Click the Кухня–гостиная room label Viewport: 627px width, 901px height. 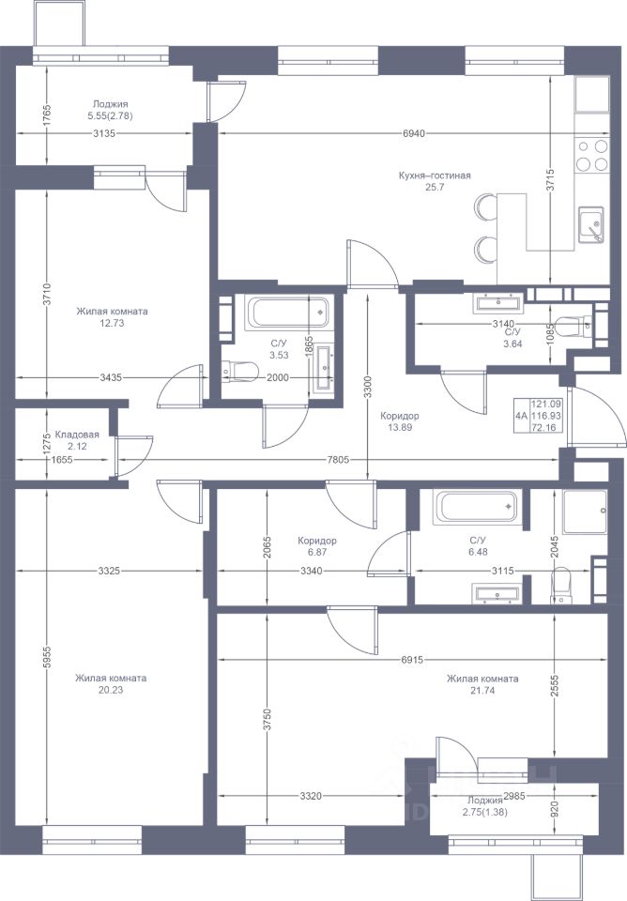pos(435,176)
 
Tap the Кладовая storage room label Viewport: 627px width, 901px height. pos(77,435)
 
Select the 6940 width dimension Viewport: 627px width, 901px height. pos(414,134)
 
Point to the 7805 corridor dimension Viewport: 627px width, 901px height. pos(338,460)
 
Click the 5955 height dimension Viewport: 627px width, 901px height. pos(48,657)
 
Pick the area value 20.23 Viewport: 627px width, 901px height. pos(111,690)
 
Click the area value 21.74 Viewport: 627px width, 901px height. pos(482,691)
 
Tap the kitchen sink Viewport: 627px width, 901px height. pos(590,224)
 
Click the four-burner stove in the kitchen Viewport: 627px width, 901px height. pos(592,155)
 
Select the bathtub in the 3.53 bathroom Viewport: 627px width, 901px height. pos(287,313)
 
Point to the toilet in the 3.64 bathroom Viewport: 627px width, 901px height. pos(572,326)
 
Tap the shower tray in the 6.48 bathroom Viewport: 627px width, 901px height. pos(585,512)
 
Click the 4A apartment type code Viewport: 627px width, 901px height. pos(521,416)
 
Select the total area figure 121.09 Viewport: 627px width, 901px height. pos(546,405)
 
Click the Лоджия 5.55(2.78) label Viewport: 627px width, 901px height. pos(111,111)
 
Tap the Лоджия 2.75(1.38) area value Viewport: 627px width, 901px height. pos(484,813)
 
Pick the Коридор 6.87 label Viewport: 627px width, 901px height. pos(317,546)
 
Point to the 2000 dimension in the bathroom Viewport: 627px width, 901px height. pos(278,378)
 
